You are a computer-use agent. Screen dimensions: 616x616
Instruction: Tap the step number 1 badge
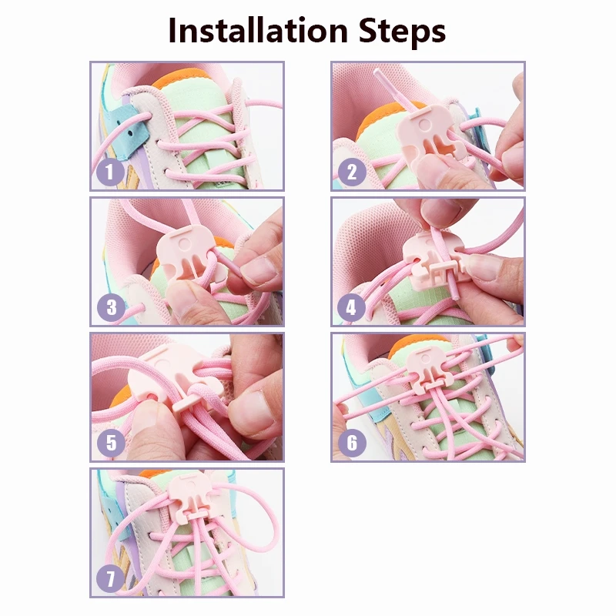click(x=110, y=172)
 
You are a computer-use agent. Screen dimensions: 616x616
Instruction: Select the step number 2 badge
click(x=351, y=172)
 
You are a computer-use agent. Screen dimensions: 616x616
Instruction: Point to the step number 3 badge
click(x=111, y=309)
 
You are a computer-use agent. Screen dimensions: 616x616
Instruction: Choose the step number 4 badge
click(x=351, y=308)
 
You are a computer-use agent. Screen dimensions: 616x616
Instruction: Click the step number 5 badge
click(x=111, y=443)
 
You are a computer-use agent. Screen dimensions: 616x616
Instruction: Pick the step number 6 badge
click(x=351, y=443)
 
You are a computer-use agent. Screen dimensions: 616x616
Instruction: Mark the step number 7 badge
click(x=111, y=580)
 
